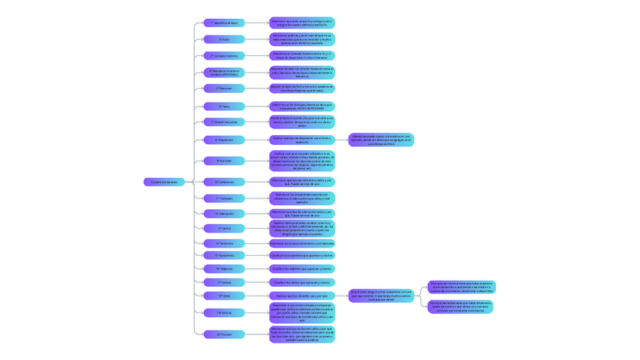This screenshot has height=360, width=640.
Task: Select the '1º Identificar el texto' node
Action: click(224, 23)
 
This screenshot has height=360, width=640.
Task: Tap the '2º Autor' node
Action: click(224, 39)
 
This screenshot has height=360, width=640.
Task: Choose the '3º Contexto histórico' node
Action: click(224, 56)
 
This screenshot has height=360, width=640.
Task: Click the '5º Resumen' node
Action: click(224, 88)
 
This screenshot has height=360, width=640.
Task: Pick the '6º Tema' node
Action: click(224, 106)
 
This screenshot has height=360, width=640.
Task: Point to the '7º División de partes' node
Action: click(224, 122)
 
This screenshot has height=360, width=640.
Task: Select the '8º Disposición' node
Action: click(224, 140)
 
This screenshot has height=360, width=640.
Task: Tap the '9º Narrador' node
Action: click(224, 161)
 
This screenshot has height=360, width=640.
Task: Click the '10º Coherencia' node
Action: click(224, 182)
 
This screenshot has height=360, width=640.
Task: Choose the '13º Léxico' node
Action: click(224, 228)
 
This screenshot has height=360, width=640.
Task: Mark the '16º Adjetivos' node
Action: click(224, 269)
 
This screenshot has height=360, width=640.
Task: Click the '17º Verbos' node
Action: click(224, 282)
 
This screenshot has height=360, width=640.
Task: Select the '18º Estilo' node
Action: click(224, 296)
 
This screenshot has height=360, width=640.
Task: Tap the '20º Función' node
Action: click(224, 334)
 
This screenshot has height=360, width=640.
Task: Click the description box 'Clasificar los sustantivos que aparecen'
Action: click(302, 255)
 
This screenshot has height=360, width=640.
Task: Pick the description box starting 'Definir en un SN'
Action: click(302, 106)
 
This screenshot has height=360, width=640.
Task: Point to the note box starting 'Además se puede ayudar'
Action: click(381, 140)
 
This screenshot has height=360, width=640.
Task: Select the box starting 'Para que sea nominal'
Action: click(462, 288)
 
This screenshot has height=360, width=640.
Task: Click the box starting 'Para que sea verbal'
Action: click(462, 306)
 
